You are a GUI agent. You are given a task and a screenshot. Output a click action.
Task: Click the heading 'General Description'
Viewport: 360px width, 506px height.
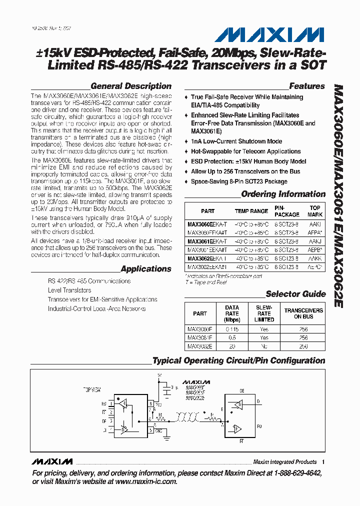pos(131,86)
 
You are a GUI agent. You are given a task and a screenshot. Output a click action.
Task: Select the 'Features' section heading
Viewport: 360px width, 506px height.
pos(307,86)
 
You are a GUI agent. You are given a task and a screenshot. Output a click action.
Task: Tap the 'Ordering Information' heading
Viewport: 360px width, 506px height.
pos(283,194)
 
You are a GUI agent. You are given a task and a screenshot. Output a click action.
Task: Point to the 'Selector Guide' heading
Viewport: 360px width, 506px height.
pos(295,294)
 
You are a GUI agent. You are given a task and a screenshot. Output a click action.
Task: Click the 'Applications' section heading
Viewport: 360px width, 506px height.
pos(146,269)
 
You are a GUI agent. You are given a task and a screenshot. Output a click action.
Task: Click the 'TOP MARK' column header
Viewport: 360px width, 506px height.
pos(315,211)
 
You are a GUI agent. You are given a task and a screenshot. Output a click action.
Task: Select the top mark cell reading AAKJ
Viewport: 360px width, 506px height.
pos(315,241)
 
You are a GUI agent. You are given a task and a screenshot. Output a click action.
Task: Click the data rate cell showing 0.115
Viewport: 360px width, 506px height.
pos(232,329)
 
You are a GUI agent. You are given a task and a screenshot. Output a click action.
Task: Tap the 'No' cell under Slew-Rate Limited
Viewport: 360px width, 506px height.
pos(264,346)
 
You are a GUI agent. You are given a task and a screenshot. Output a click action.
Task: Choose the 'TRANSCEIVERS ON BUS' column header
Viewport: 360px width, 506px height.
pos(303,313)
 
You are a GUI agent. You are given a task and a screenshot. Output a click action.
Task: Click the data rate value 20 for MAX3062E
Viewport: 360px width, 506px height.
pos(232,346)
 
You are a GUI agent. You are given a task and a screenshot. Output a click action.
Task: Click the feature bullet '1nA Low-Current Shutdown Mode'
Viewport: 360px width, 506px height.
pos(236,141)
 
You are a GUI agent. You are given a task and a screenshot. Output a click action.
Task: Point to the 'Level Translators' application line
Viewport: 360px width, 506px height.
pos(69,290)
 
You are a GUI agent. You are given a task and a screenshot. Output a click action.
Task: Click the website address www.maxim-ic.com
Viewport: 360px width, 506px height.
pos(146,481)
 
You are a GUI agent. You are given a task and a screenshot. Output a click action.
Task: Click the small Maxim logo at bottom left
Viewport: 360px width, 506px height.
pos(51,461)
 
